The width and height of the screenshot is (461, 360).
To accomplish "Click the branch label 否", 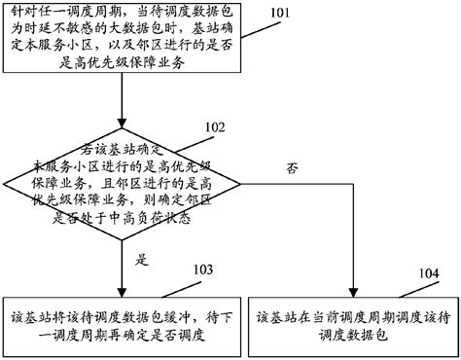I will point(292,169).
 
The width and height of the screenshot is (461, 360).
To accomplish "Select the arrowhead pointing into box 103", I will point(123,290).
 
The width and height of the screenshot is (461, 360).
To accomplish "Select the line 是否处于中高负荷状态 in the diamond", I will point(123,220).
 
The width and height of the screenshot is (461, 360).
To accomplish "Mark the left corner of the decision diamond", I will point(4,187).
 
